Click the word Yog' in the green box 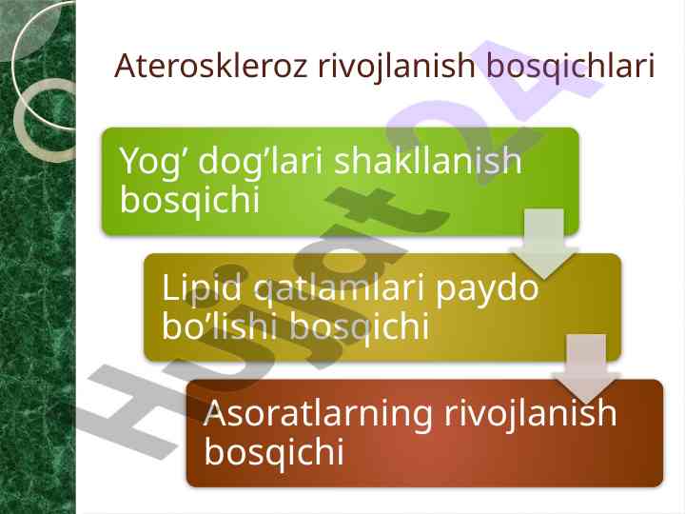click(154, 162)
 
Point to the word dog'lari click(261, 162)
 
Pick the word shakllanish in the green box click(428, 160)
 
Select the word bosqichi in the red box click(274, 452)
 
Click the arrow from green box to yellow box click(544, 243)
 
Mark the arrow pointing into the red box click(586, 368)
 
